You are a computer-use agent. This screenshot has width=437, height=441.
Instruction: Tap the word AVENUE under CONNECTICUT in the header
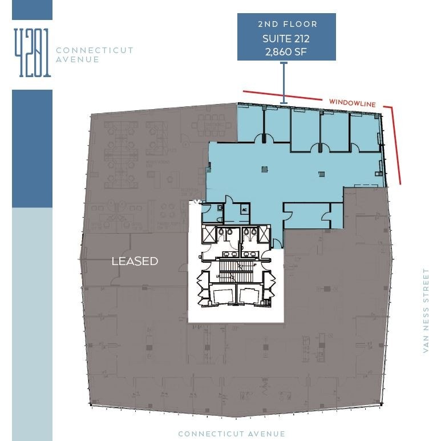click(x=78, y=59)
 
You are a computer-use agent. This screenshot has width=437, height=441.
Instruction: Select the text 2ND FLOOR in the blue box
click(x=287, y=24)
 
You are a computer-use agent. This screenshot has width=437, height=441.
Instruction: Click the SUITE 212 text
click(x=287, y=39)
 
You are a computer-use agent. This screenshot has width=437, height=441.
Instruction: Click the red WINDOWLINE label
click(x=352, y=103)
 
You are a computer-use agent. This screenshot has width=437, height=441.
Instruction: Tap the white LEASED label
click(x=135, y=261)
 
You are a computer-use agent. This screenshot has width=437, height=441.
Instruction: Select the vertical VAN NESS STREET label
click(x=426, y=311)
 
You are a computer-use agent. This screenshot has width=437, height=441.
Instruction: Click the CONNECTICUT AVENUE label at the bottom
click(x=232, y=434)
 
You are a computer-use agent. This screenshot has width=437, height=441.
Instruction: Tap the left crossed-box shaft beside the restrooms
click(x=208, y=234)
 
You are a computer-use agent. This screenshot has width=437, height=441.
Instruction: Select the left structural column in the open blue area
click(x=264, y=169)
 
